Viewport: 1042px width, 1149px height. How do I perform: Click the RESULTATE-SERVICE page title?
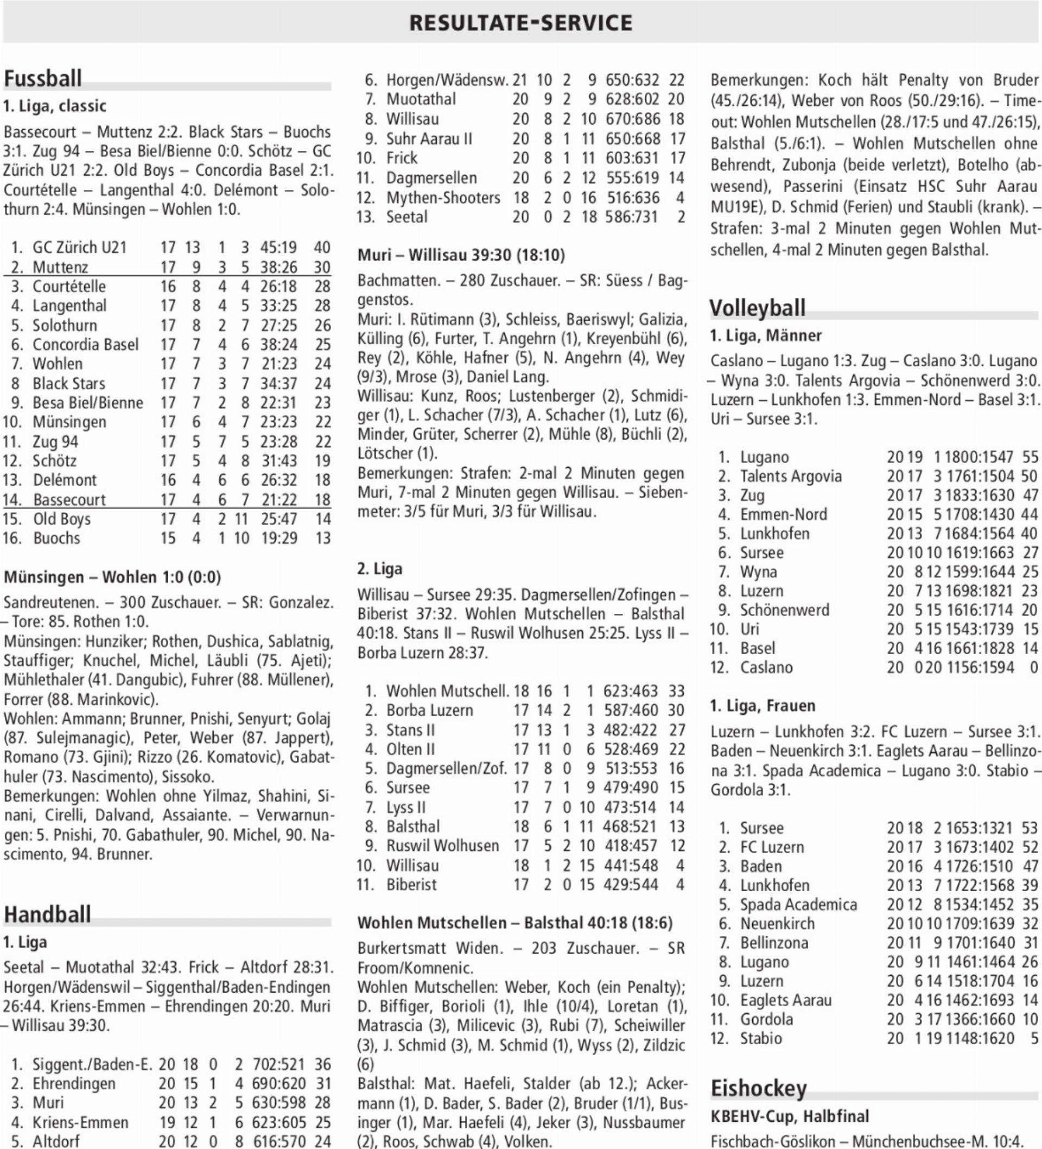tap(520, 23)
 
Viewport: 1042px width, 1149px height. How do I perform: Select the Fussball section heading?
tap(43, 78)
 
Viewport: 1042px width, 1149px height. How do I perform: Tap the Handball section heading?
tap(47, 913)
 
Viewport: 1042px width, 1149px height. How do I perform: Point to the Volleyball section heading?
tap(757, 308)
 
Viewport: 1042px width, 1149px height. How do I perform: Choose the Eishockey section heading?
tap(758, 1088)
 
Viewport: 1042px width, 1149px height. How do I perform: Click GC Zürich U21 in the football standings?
tap(79, 247)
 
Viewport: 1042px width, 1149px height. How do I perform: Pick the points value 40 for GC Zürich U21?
tap(322, 247)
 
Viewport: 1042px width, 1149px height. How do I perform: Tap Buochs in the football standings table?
tap(56, 538)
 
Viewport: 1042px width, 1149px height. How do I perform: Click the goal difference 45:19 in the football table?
tap(279, 247)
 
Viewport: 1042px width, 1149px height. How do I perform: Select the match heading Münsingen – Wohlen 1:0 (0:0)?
tap(112, 577)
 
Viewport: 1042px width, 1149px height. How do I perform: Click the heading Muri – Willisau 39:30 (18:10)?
tap(461, 255)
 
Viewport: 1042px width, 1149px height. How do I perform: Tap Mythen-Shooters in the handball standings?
tap(443, 198)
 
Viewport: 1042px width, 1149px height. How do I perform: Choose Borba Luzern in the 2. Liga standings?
tap(430, 710)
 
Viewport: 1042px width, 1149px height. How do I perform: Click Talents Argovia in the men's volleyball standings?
tap(791, 476)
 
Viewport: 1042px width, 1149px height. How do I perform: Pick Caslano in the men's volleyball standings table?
tap(766, 667)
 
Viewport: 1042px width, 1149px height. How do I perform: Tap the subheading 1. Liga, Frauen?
tap(763, 706)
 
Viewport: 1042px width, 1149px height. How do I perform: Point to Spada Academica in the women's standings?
tap(798, 905)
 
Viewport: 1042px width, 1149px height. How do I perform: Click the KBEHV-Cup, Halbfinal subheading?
tap(790, 1116)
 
